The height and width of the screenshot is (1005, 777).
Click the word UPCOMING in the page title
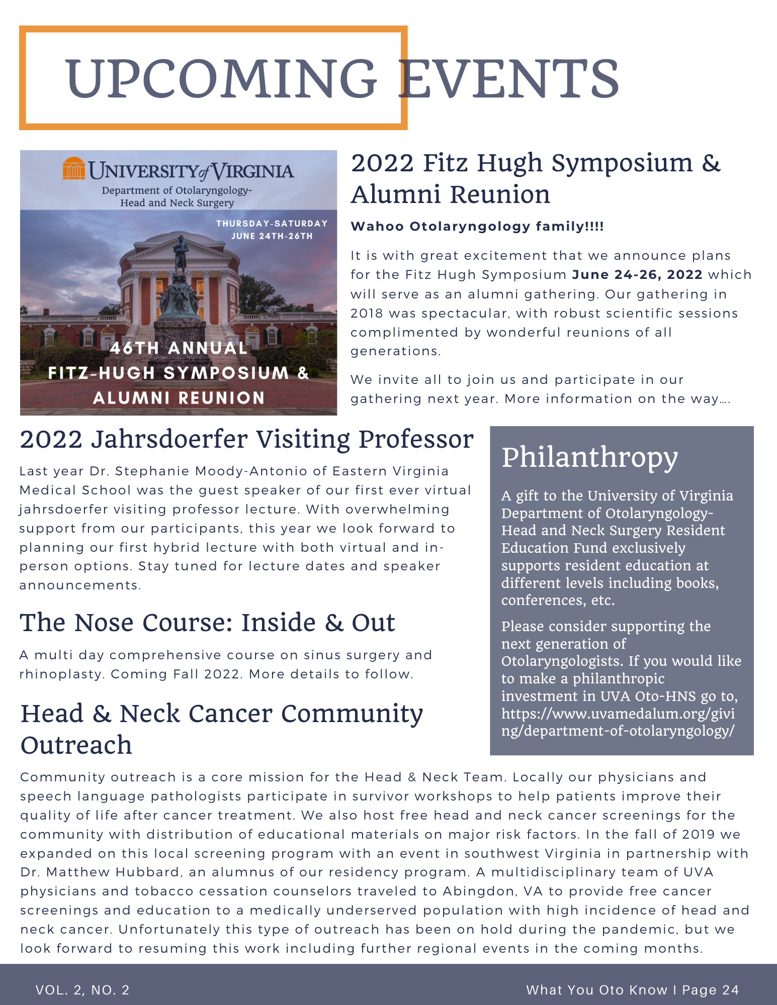[x=221, y=79]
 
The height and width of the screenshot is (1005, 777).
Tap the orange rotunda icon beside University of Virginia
[x=74, y=169]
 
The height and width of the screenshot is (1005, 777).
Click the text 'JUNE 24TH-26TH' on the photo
[x=272, y=236]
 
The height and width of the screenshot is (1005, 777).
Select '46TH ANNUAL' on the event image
[x=179, y=348]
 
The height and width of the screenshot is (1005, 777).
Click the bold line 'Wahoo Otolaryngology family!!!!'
[x=477, y=227]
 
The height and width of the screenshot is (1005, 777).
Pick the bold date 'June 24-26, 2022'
[x=637, y=275]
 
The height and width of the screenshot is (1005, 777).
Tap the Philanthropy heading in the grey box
[x=589, y=457]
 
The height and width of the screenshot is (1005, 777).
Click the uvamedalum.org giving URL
[x=618, y=722]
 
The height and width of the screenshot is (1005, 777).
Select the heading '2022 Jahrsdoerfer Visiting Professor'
[x=246, y=439]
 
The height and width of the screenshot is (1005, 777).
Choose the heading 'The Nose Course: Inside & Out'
[x=207, y=623]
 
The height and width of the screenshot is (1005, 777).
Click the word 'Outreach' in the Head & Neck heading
[x=76, y=745]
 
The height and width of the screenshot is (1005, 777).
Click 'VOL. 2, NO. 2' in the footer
[x=82, y=990]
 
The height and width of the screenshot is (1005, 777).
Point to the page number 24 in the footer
[x=730, y=990]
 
